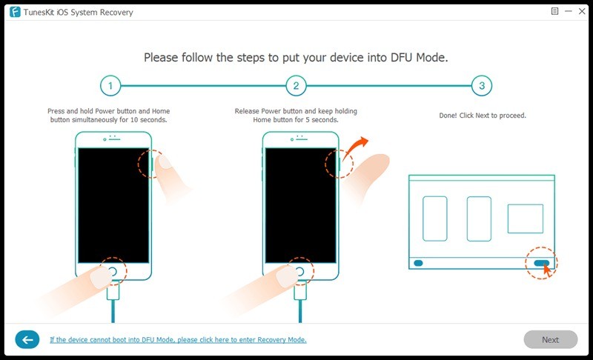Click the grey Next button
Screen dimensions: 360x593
pos(550,340)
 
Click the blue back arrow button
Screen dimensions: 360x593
pos(27,340)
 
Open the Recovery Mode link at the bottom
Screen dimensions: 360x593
pos(178,340)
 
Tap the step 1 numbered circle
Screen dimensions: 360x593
pos(110,86)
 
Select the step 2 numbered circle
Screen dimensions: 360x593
pos(296,86)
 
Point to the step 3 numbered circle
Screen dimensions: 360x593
pos(482,86)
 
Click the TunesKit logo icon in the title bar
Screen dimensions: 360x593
pos(15,12)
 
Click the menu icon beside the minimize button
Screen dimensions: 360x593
pos(554,12)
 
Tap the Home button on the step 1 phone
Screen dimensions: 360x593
pos(113,272)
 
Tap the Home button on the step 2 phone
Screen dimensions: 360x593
pos(299,272)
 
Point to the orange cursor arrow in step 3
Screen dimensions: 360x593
pos(547,268)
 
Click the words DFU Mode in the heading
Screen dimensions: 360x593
pos(418,56)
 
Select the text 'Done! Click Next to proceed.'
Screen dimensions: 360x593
pos(482,116)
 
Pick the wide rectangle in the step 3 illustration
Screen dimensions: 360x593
pos(525,219)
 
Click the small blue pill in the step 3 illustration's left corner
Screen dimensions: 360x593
pos(418,262)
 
